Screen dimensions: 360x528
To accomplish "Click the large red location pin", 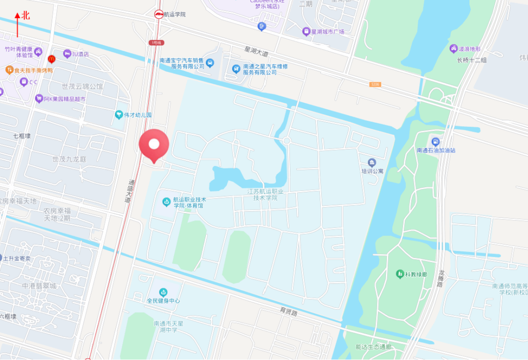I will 154,144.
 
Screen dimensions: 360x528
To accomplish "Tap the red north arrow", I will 18,24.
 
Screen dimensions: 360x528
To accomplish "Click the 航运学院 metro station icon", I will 159,15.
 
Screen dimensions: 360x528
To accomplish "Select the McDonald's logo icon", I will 51,59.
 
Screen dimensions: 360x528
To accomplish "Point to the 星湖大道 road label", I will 257,51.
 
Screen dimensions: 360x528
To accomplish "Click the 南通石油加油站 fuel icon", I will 436,142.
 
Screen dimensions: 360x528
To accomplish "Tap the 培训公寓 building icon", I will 372,163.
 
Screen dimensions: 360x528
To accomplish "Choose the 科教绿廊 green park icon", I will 400,273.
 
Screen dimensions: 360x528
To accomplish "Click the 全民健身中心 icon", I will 163,292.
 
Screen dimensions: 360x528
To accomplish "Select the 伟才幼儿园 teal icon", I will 119,115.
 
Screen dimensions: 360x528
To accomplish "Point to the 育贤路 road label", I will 288,311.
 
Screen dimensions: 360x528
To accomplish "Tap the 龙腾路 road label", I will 441,278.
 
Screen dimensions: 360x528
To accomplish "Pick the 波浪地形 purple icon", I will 453,49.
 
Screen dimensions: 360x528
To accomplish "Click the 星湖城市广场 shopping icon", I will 307,32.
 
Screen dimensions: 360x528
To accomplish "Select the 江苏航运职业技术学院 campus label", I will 265,195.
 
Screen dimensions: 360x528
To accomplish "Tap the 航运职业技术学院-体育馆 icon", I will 167,202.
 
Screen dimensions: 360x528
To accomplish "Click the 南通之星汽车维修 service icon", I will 236,69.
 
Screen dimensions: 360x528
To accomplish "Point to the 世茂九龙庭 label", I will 69,159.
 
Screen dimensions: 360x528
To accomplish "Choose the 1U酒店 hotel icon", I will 67,54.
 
